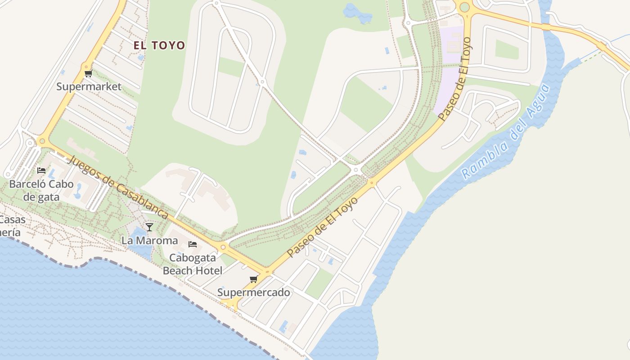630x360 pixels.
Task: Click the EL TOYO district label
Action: [x=159, y=45]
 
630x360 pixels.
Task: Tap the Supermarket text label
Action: [x=89, y=86]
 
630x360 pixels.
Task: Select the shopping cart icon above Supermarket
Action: [x=88, y=73]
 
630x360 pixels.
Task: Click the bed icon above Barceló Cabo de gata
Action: [x=41, y=171]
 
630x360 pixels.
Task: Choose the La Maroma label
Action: [x=149, y=240]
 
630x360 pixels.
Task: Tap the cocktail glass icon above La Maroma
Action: [x=149, y=227]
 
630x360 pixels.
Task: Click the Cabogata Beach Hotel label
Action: [x=193, y=264]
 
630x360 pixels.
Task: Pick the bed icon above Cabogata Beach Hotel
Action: [x=193, y=244]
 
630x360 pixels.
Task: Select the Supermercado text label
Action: [x=254, y=292]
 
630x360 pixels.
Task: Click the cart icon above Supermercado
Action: [x=254, y=279]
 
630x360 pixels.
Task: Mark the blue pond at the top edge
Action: [x=358, y=12]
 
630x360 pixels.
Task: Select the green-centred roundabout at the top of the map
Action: [x=464, y=7]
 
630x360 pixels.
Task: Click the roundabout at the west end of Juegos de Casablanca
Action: [x=43, y=141]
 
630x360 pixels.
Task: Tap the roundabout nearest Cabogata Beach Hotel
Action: [x=223, y=247]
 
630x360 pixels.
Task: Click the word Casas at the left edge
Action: [x=13, y=220]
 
